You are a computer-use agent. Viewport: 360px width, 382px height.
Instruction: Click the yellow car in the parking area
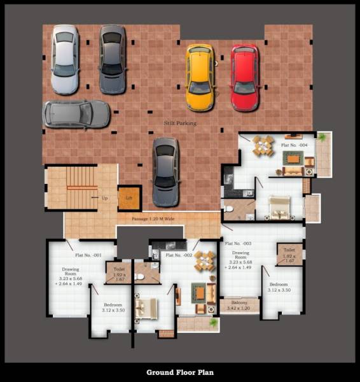(199, 77)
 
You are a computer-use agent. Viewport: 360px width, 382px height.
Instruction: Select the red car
(244, 77)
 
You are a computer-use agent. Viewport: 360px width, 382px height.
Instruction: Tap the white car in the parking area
(64, 59)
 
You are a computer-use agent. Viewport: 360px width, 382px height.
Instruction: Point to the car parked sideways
(68, 114)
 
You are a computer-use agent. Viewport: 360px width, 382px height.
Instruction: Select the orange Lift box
(129, 198)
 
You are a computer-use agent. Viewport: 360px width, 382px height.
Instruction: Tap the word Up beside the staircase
(104, 198)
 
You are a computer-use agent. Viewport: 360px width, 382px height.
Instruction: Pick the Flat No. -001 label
(88, 255)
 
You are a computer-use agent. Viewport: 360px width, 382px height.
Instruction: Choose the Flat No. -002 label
(178, 255)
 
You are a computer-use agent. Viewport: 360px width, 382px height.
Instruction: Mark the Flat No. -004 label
(294, 145)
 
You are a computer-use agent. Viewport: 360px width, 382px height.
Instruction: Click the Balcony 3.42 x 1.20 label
(239, 306)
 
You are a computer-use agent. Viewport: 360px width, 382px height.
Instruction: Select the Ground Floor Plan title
(180, 372)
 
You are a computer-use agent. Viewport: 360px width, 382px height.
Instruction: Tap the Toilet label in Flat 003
(289, 254)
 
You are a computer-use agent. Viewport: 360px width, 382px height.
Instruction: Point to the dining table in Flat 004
(263, 145)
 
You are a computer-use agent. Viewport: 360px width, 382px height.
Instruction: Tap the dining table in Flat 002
(204, 259)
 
